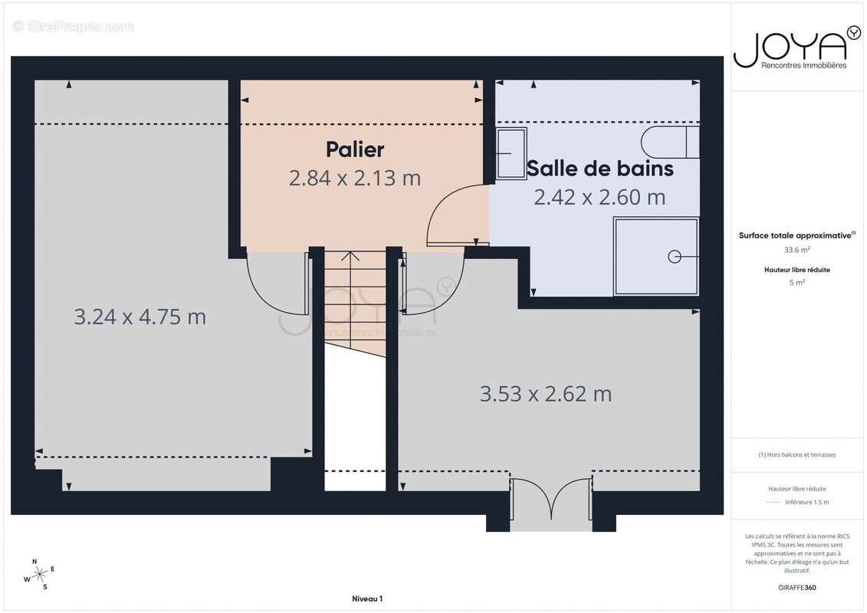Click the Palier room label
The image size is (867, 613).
click(x=355, y=149)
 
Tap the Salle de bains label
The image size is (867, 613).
click(x=600, y=168)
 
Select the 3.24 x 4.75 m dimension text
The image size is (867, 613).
click(x=140, y=316)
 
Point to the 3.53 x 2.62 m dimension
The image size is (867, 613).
click(x=546, y=394)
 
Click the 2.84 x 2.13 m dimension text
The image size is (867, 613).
click(x=355, y=178)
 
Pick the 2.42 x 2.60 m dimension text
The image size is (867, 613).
click(x=599, y=197)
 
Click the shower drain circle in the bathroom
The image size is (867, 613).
click(x=674, y=256)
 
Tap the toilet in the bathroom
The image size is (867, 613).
click(x=669, y=142)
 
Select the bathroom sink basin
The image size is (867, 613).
click(x=510, y=152)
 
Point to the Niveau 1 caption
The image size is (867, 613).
click(x=367, y=598)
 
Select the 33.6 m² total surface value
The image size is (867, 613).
click(x=796, y=249)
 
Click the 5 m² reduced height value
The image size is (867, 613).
click(x=796, y=282)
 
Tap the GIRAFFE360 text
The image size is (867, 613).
click(x=796, y=587)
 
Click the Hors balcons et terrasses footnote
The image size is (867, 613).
click(x=796, y=454)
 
